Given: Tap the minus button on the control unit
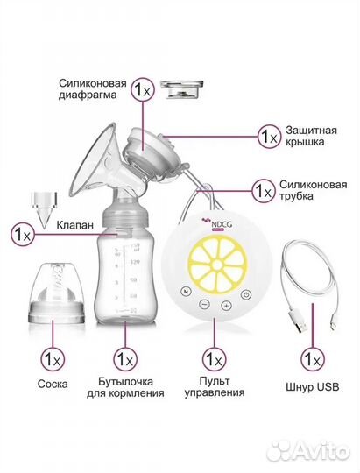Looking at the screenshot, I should click(x=204, y=306).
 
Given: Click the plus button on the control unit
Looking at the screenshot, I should click(x=225, y=306).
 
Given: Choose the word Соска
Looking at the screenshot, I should click(x=52, y=385).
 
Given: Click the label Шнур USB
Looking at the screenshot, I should click(x=311, y=386).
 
